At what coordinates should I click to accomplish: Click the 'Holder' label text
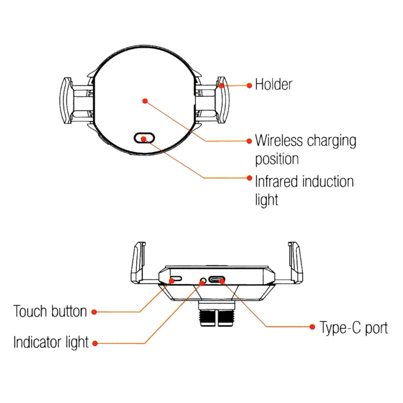pyautogui.click(x=274, y=84)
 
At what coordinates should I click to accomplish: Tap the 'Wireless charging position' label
pyautogui.click(x=305, y=150)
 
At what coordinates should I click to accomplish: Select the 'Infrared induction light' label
pyautogui.click(x=304, y=190)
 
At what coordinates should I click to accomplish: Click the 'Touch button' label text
pyautogui.click(x=50, y=311)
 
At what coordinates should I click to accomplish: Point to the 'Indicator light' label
pyautogui.click(x=51, y=342)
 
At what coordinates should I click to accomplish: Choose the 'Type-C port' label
pyautogui.click(x=354, y=327)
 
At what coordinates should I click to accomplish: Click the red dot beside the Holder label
pyautogui.click(x=249, y=85)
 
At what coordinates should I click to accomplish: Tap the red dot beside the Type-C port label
pyautogui.click(x=312, y=327)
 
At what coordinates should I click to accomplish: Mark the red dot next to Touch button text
pyautogui.click(x=94, y=312)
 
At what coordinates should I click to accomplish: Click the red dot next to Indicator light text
pyautogui.click(x=95, y=343)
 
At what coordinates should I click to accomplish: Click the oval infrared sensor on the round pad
pyautogui.click(x=145, y=138)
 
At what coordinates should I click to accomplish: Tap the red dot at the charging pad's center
pyautogui.click(x=144, y=100)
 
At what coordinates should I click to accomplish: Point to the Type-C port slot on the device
pyautogui.click(x=218, y=280)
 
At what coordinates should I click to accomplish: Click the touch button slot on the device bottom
pyautogui.click(x=175, y=280)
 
